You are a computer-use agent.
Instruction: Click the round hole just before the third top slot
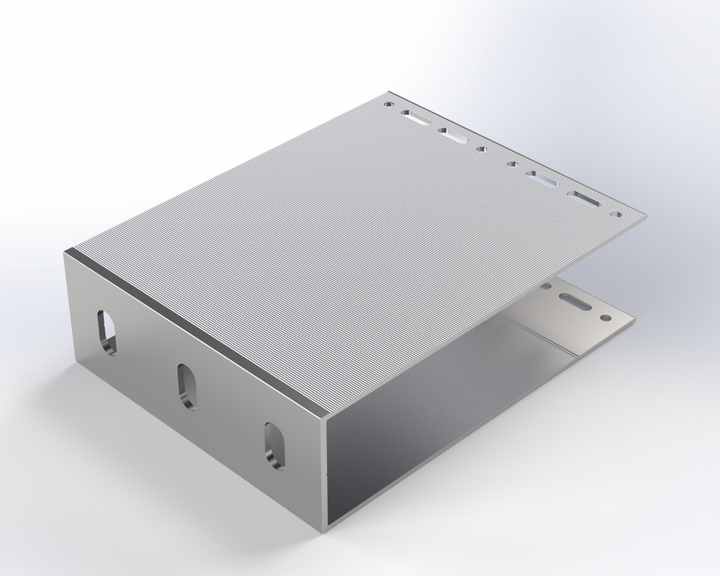pyautogui.click(x=513, y=164)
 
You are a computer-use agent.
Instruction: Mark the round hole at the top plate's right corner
pyautogui.click(x=617, y=215)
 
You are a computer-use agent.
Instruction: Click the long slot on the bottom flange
pyautogui.click(x=577, y=302)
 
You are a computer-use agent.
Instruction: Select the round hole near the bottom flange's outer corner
pyautogui.click(x=606, y=317)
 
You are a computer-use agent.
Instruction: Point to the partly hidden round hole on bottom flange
pyautogui.click(x=546, y=287)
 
